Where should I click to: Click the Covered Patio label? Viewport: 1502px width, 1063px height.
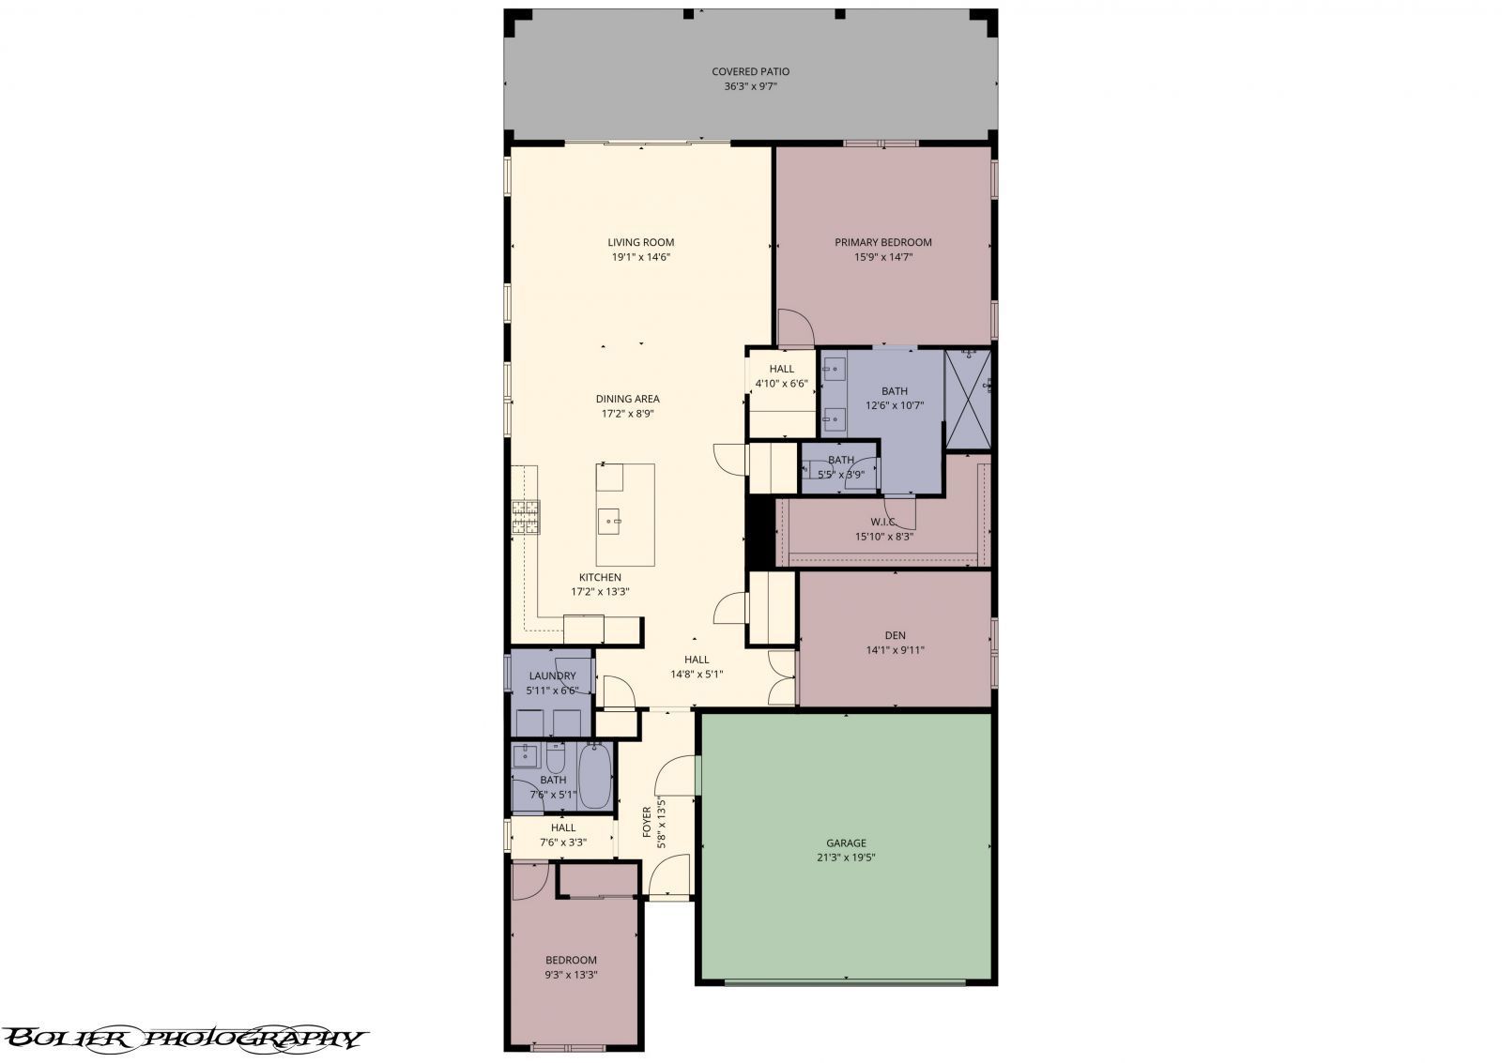click(750, 71)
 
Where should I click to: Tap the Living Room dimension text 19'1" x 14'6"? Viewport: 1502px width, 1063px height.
click(641, 257)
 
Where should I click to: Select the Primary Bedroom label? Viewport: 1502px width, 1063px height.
click(883, 243)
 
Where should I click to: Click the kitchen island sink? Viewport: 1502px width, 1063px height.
click(609, 521)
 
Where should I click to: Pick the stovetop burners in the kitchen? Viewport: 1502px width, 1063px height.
click(526, 517)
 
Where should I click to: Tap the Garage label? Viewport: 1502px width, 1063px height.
click(846, 843)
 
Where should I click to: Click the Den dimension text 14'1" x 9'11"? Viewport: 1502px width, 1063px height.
click(896, 650)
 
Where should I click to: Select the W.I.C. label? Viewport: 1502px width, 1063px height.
click(883, 522)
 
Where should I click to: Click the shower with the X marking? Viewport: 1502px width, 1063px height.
click(968, 400)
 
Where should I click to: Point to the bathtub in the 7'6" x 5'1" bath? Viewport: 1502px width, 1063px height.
click(595, 776)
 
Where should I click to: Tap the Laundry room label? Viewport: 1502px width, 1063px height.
click(553, 676)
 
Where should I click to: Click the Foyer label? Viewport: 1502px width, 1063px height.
click(647, 823)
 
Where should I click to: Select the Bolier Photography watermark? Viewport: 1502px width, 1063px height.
click(183, 1039)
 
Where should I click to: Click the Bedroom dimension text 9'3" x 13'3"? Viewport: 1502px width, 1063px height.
click(571, 975)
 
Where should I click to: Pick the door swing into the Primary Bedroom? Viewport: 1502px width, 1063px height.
click(796, 328)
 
